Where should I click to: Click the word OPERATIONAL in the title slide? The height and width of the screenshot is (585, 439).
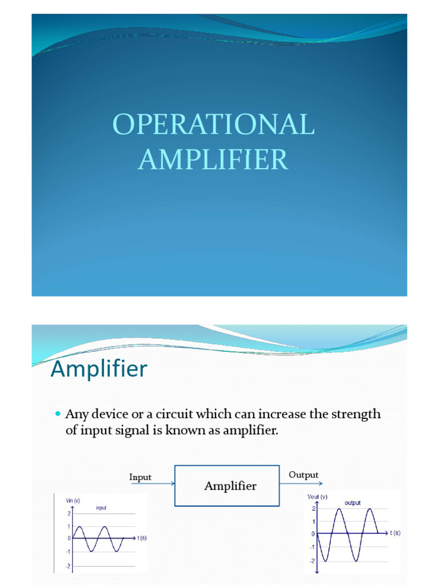click(x=213, y=125)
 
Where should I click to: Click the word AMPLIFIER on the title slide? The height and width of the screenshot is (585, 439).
click(x=213, y=159)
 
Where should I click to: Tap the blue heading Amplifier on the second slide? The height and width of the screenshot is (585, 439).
click(x=98, y=369)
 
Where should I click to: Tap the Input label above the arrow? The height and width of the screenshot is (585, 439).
click(x=141, y=477)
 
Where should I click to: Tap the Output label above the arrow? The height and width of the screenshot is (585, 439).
click(x=304, y=475)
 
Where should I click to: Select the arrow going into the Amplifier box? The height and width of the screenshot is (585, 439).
click(x=153, y=484)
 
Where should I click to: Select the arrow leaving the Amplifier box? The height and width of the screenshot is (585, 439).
click(x=301, y=483)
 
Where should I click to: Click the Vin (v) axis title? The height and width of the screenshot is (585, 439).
click(x=73, y=500)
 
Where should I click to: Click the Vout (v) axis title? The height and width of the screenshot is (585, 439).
click(x=317, y=496)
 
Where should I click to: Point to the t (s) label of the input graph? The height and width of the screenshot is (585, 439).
click(x=142, y=538)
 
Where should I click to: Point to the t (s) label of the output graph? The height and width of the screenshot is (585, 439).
click(x=395, y=534)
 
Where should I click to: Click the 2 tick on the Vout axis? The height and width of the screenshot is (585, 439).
click(x=313, y=508)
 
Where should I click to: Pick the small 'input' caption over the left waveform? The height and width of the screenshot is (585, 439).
click(x=101, y=508)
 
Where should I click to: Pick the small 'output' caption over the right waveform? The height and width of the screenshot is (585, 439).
click(x=352, y=503)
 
